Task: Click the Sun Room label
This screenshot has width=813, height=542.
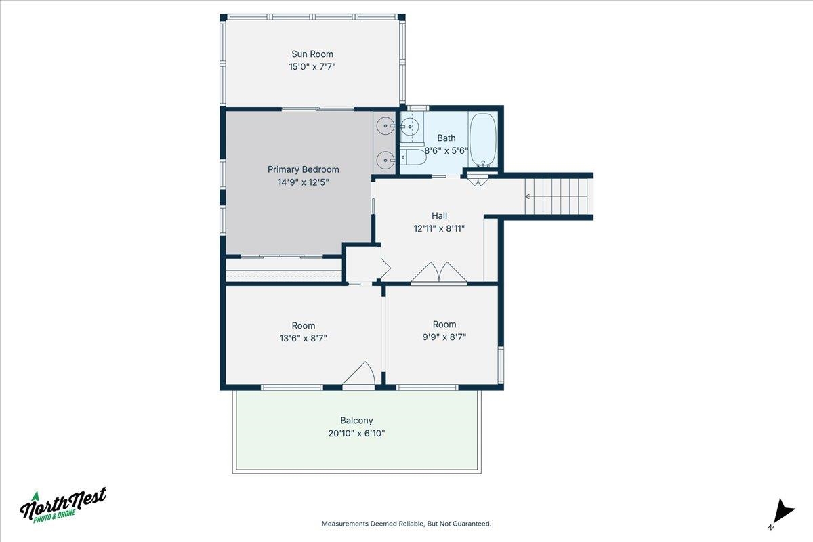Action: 312,54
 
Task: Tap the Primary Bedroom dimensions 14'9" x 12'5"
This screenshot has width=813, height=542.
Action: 303,182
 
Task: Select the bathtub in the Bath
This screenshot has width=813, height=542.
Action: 482,140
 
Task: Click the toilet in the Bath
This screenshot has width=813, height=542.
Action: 413,158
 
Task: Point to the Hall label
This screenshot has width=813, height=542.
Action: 439,215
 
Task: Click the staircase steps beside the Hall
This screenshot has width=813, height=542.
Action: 556,196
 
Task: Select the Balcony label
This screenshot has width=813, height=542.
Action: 356,420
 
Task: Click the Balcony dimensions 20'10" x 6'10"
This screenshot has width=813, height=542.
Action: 356,433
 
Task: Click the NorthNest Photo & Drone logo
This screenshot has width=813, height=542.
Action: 63,505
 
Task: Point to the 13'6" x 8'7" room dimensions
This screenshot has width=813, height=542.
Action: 303,338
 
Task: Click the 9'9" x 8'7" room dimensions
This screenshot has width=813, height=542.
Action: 444,337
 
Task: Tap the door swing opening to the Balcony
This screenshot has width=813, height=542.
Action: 358,373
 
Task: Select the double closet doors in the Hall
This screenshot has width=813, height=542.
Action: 439,272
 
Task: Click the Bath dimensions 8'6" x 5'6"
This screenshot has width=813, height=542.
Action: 446,150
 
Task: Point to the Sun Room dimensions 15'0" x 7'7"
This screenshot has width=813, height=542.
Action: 312,67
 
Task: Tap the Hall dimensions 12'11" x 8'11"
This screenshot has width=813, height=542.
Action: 439,228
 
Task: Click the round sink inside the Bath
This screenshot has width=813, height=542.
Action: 410,127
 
